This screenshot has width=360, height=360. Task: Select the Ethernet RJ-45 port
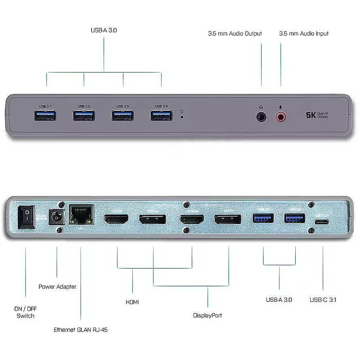tap(81, 215)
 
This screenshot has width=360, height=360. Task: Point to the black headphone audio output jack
tap(262, 117)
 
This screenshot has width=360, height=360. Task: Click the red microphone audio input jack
tap(281, 117)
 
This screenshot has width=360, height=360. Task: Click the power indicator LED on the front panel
tap(182, 117)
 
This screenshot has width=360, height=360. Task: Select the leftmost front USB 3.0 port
tap(45, 115)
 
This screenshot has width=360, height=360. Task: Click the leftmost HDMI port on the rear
tap(117, 220)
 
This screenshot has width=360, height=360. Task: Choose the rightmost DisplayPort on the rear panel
tap(228, 220)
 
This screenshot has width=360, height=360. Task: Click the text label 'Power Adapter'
tap(58, 287)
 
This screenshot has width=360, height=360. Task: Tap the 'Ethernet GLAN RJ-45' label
tap(81, 330)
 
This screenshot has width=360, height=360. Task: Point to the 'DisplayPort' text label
tap(207, 315)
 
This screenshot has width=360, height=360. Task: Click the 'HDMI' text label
tap(132, 302)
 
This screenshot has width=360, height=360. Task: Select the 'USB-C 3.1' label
tap(323, 300)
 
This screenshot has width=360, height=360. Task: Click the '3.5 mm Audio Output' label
tap(235, 34)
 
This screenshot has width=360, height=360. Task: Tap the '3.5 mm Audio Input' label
tap(304, 34)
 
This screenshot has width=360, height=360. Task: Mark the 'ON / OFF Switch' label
tap(26, 312)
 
